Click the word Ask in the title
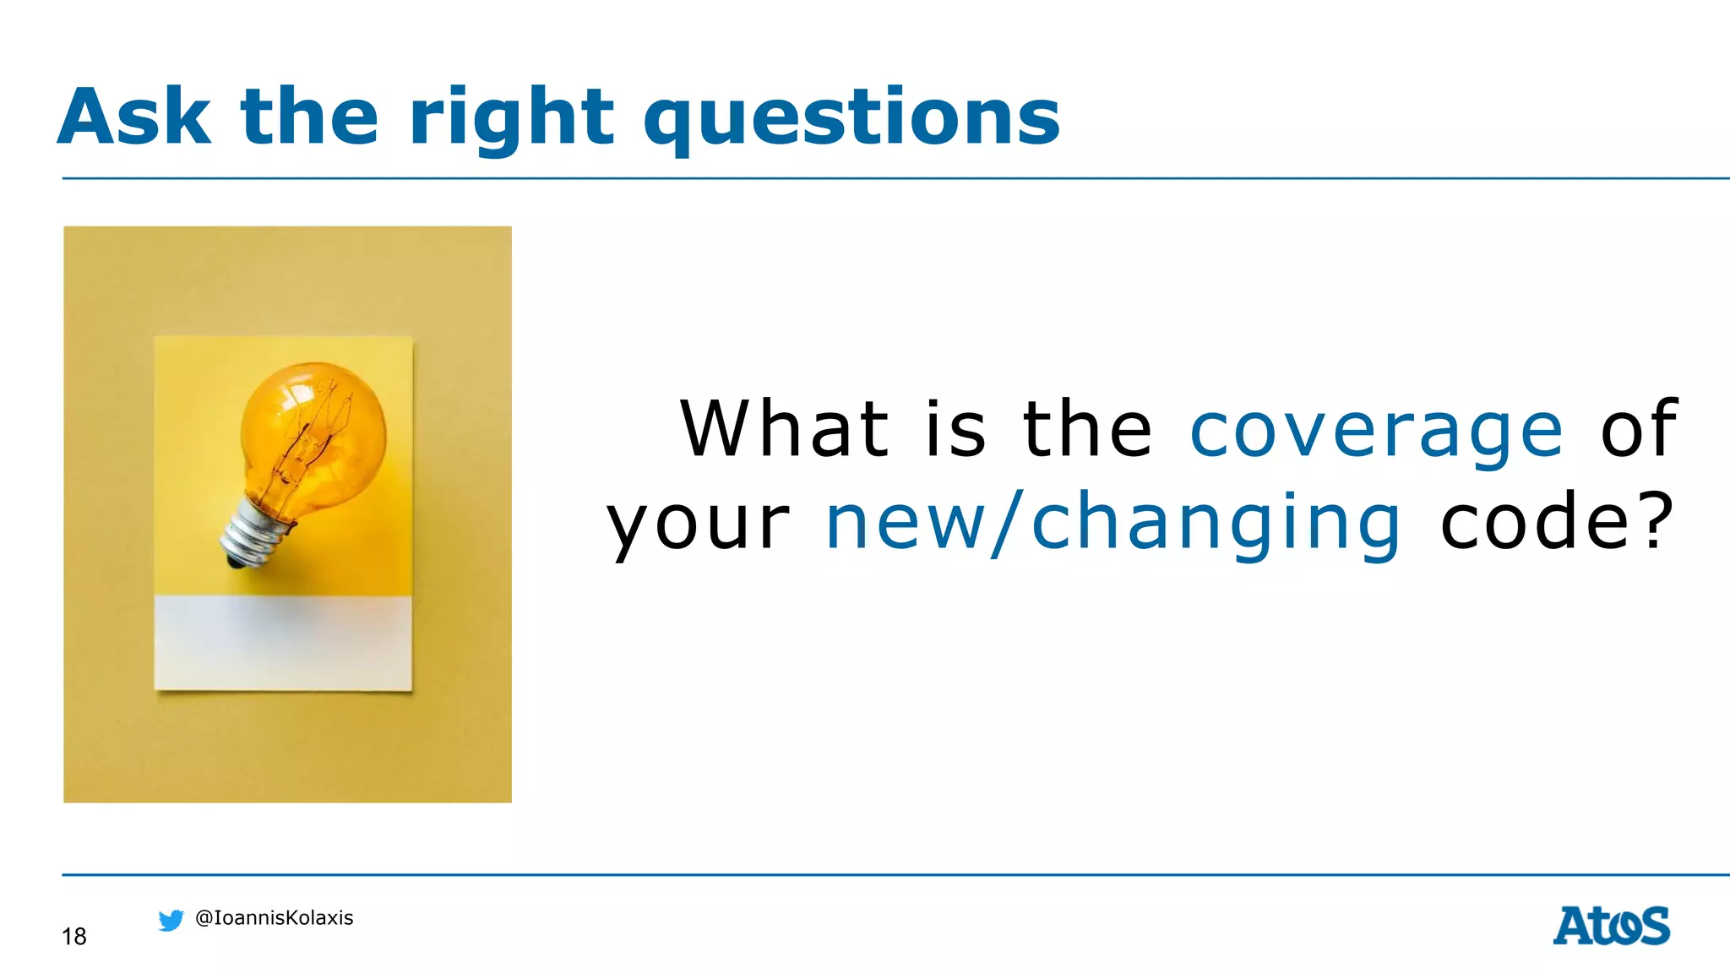(133, 117)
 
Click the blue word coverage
(1376, 431)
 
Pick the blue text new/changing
(1113, 524)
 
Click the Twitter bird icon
(171, 920)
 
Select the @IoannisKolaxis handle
(274, 918)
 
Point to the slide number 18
(74, 936)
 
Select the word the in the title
(309, 117)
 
